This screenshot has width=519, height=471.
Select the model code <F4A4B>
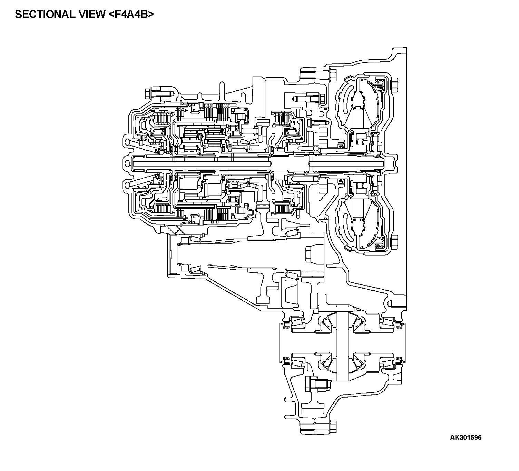131,14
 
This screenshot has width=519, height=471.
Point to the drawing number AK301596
466,438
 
